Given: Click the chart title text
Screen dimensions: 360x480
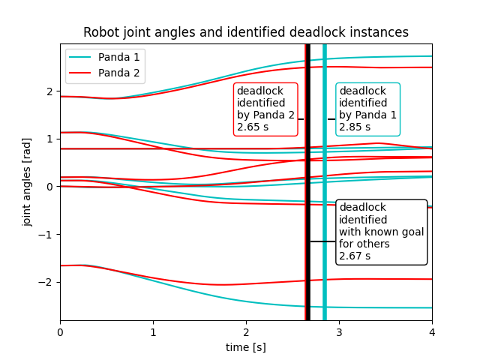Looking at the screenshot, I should point(246,32).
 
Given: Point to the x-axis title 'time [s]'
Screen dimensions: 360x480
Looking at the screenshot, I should point(246,347).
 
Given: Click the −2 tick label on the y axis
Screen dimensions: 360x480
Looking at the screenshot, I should point(46,282).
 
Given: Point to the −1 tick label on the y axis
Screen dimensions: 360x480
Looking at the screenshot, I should point(46,234).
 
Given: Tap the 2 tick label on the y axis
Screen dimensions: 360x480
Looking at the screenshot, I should point(49,91).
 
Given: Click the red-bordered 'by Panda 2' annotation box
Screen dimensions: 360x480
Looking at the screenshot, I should point(265,109).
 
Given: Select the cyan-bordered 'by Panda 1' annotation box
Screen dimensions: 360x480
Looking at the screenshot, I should point(367,109).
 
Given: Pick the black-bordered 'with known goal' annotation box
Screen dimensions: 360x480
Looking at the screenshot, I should point(381,232).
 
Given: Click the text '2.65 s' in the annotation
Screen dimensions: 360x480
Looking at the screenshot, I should point(253,127).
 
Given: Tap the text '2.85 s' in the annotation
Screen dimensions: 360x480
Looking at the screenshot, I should point(355,127).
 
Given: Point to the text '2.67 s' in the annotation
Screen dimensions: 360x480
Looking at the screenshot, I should point(355,256).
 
